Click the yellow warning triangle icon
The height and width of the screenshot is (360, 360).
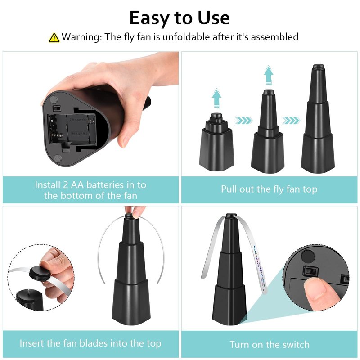[x=54, y=38]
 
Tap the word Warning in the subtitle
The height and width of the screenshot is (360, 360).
[x=81, y=37]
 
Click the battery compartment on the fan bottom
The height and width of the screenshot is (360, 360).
[x=72, y=129]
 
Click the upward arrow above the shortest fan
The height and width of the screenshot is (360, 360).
[x=216, y=98]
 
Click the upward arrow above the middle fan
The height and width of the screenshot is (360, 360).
[x=269, y=75]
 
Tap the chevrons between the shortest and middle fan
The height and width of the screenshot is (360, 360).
[x=243, y=120]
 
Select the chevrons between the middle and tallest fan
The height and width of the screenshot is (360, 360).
[x=291, y=120]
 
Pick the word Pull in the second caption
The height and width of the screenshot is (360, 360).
[x=229, y=189]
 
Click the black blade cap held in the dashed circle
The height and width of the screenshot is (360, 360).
[x=40, y=273]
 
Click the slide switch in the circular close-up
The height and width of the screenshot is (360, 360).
[x=311, y=271]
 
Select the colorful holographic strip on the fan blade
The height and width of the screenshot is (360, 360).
[x=260, y=266]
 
